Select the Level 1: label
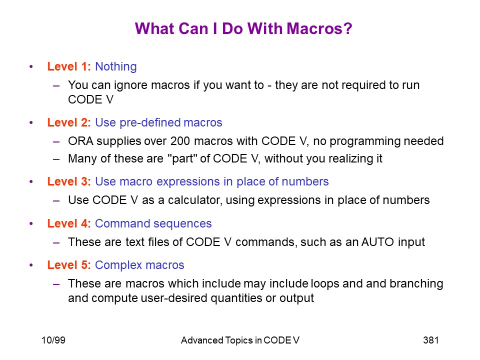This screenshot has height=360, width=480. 69,66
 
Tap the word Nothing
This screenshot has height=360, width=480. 116,66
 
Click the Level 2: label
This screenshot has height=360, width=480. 69,122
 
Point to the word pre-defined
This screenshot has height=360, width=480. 150,123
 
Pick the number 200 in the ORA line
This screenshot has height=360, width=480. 180,141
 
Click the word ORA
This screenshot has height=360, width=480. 80,141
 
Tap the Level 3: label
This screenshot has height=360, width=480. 69,181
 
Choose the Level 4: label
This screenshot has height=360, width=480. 69,223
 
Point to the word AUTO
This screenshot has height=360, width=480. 378,242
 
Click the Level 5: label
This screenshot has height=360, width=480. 69,265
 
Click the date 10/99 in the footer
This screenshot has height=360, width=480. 53,340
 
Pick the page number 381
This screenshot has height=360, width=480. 431,340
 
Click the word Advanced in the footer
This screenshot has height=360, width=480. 202,340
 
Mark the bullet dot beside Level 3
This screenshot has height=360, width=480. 31,181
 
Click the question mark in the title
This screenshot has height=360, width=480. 348,28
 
